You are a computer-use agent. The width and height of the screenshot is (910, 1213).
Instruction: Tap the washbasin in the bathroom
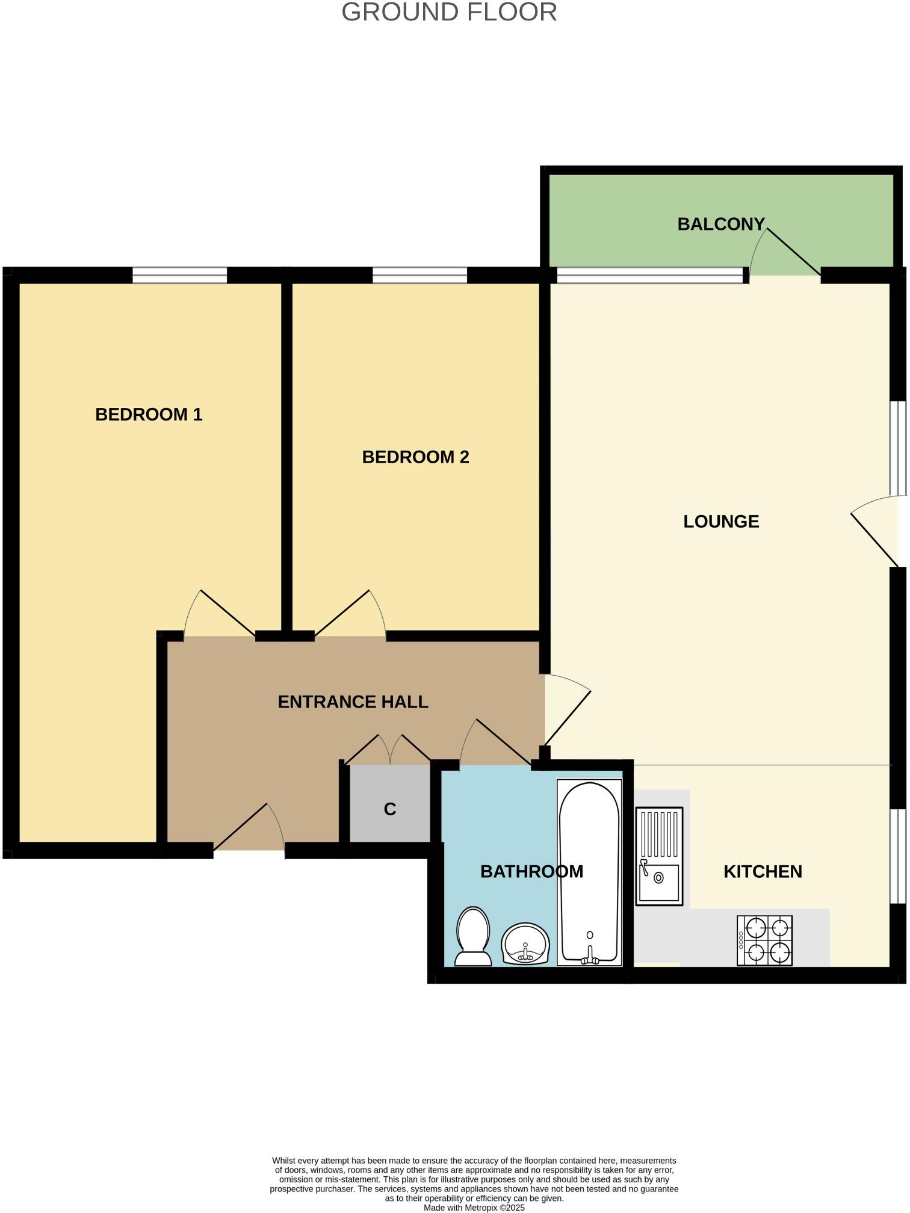pyautogui.click(x=525, y=944)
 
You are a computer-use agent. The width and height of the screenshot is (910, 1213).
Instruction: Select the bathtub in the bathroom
pyautogui.click(x=589, y=872)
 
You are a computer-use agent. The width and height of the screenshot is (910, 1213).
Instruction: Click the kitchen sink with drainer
pyautogui.click(x=660, y=856)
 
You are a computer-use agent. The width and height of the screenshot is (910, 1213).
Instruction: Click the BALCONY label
pyautogui.click(x=720, y=224)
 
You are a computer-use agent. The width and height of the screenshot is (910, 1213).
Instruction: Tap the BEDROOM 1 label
pyautogui.click(x=149, y=415)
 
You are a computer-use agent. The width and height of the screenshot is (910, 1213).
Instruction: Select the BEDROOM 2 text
pyautogui.click(x=415, y=457)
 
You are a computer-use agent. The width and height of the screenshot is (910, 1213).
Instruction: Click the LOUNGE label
pyautogui.click(x=721, y=522)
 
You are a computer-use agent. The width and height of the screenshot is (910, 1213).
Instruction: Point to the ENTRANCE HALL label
pyautogui.click(x=353, y=702)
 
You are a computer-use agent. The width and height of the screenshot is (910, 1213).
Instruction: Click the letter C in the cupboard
pyautogui.click(x=390, y=809)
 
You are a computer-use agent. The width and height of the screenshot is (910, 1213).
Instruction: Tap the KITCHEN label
pyautogui.click(x=763, y=872)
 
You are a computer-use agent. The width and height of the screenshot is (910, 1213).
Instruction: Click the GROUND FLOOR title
pyautogui.click(x=449, y=12)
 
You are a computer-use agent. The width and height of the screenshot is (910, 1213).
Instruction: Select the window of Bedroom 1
pyautogui.click(x=179, y=276)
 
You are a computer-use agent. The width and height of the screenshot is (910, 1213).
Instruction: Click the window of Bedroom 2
pyautogui.click(x=419, y=276)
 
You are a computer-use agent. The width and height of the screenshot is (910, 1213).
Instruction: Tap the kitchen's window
pyautogui.click(x=897, y=856)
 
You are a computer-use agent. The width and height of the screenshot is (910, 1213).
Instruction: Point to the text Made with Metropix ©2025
pyautogui.click(x=474, y=1208)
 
